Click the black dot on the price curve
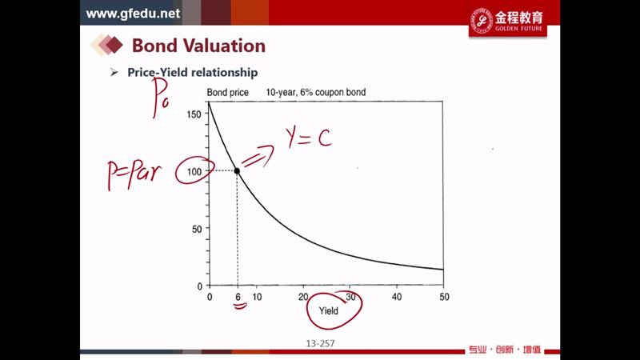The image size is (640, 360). tap(237, 170)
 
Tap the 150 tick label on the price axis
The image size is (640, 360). tap(194, 114)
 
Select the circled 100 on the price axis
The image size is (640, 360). tap(194, 171)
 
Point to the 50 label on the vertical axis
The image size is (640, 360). tap(197, 229)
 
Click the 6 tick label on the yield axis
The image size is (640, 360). tap(238, 297)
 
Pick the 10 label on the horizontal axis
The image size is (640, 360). tap(257, 297)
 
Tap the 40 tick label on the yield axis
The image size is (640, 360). tap(397, 297)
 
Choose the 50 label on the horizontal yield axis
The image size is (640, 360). tap(445, 297)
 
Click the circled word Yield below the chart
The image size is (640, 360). tap(329, 311)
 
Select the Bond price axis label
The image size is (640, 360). tap(228, 93)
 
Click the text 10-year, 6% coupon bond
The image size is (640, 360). tap(316, 92)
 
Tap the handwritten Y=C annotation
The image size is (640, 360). tap(309, 138)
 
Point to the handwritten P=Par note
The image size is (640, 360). tap(134, 174)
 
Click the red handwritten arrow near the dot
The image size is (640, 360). tap(258, 157)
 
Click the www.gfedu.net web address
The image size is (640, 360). tap(133, 14)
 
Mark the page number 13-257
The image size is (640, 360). tap(321, 344)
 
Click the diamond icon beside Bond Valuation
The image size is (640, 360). tap(107, 45)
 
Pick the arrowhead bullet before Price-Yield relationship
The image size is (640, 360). tap(114, 73)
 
